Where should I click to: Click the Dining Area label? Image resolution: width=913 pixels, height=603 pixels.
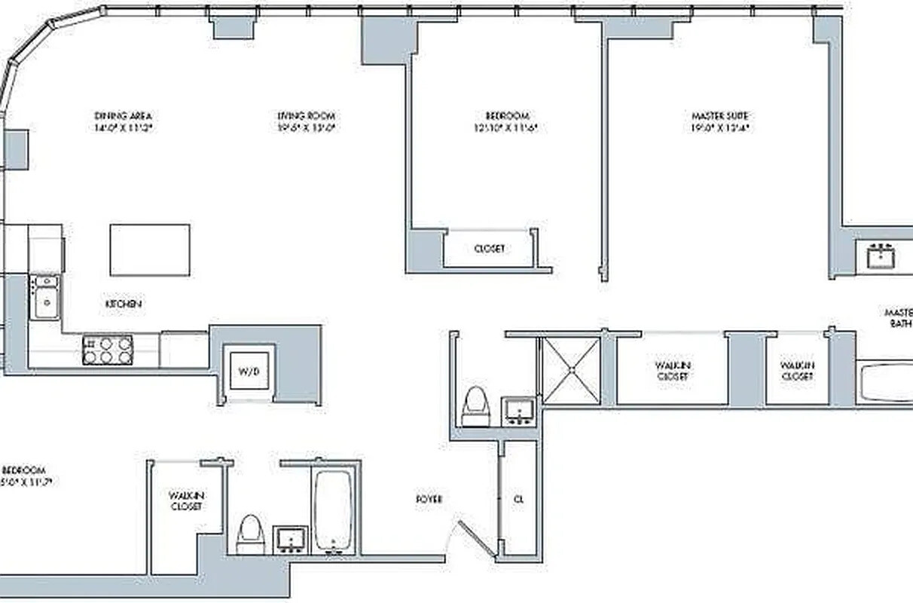(x=124, y=116)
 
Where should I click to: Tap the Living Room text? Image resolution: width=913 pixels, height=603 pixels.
(x=306, y=116)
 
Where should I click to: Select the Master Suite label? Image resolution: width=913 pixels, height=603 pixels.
(x=719, y=116)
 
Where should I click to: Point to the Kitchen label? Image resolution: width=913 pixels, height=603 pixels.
(x=124, y=304)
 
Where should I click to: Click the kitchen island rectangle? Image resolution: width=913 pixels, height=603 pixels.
(x=150, y=250)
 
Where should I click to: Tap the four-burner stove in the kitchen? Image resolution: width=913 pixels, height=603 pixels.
(x=108, y=350)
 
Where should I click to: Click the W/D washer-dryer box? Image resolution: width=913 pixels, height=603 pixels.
(x=249, y=369)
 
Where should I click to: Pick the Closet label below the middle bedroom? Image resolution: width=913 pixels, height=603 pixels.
(x=490, y=249)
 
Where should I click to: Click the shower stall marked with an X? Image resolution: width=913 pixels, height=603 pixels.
(x=572, y=371)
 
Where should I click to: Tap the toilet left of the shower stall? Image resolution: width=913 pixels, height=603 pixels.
(x=475, y=407)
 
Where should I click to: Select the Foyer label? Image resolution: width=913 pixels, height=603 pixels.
(x=429, y=499)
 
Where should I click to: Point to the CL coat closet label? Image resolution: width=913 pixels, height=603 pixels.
(x=518, y=499)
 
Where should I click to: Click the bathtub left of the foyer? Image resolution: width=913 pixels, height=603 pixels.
(x=332, y=510)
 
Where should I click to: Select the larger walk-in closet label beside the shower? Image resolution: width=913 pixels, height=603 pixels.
(x=673, y=371)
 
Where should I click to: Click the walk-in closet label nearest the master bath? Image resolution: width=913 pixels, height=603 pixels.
(x=797, y=371)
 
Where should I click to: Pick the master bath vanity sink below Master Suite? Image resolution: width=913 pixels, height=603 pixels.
(x=880, y=256)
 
